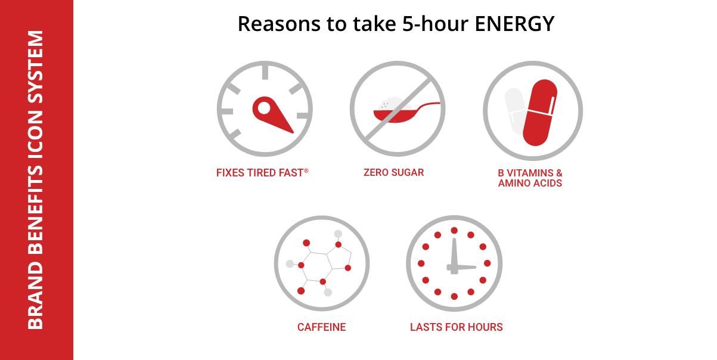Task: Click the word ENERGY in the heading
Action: pyautogui.click(x=514, y=24)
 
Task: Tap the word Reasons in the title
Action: pyautogui.click(x=279, y=24)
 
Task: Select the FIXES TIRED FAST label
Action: pyautogui.click(x=260, y=173)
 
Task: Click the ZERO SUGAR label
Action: pyautogui.click(x=393, y=172)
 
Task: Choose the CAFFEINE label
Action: pyautogui.click(x=321, y=327)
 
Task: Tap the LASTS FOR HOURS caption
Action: pyautogui.click(x=456, y=327)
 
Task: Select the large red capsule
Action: pyautogui.click(x=540, y=112)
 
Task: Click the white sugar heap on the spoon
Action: pyautogui.click(x=395, y=104)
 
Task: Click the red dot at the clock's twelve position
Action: pyautogui.click(x=454, y=231)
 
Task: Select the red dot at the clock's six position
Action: pyautogui.click(x=454, y=297)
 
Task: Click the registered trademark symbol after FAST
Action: pyautogui.click(x=306, y=171)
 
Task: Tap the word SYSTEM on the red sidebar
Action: pyautogui.click(x=36, y=67)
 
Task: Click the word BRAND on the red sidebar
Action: pyautogui.click(x=36, y=296)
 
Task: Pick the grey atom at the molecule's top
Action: pyautogui.click(x=338, y=234)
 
